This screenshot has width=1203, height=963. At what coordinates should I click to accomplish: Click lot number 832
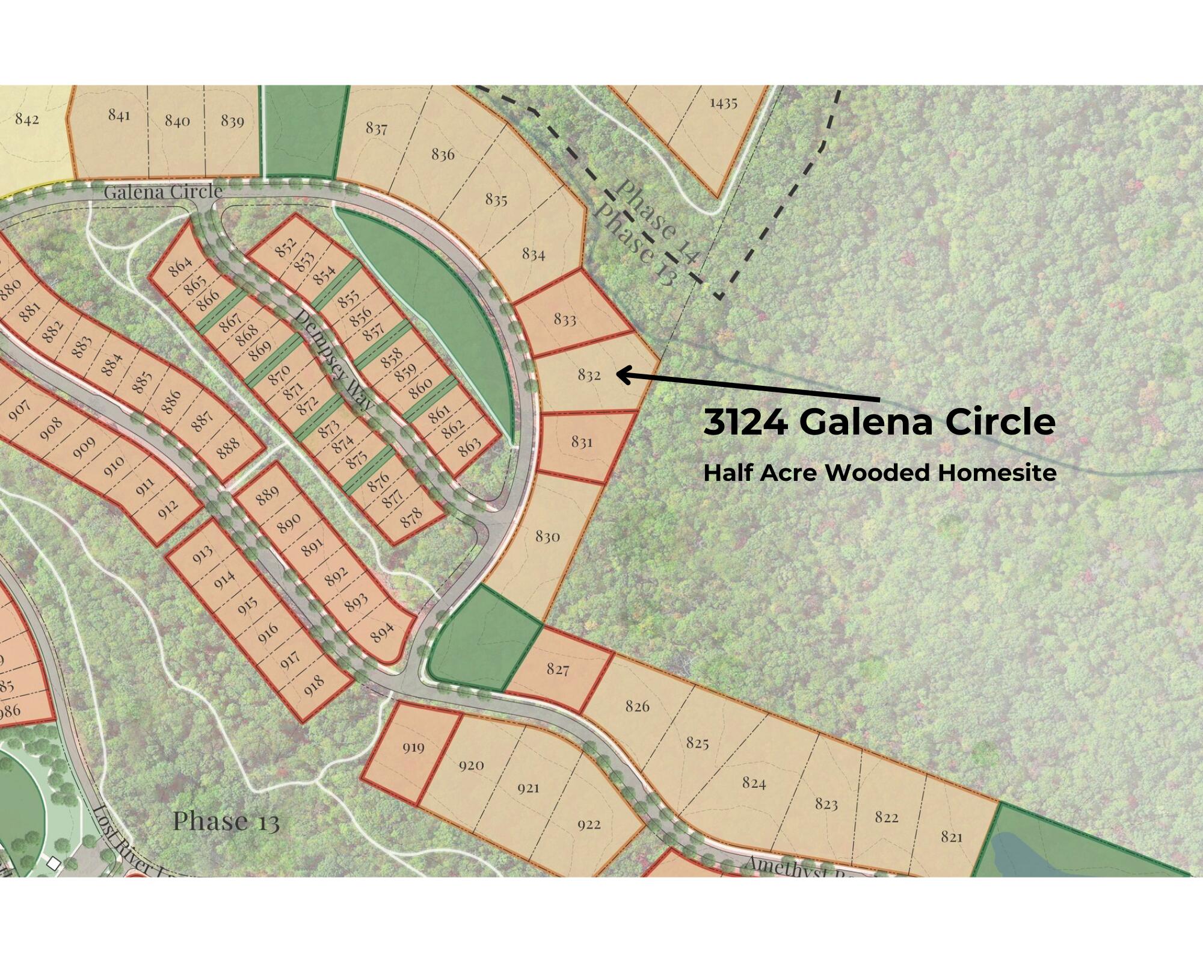[589, 375]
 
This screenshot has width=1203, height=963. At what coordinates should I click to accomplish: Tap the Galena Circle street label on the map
[163, 192]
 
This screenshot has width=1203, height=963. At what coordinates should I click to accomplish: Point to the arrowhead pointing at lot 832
[623, 375]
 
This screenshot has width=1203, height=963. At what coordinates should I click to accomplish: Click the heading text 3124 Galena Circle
[879, 423]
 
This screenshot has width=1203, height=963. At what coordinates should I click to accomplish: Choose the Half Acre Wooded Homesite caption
[880, 473]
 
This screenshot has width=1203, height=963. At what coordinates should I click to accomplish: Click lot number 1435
[723, 103]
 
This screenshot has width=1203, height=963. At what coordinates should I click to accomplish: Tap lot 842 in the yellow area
[26, 119]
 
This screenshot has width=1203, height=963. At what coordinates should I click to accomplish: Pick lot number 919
[413, 748]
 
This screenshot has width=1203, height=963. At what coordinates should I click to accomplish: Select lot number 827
[558, 669]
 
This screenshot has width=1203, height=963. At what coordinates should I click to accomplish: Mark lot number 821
[952, 837]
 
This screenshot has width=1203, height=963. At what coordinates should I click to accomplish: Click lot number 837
[377, 128]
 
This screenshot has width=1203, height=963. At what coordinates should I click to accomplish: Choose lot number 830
[547, 536]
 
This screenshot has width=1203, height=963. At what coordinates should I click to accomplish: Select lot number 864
[180, 266]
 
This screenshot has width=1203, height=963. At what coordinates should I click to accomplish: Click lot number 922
[589, 824]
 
